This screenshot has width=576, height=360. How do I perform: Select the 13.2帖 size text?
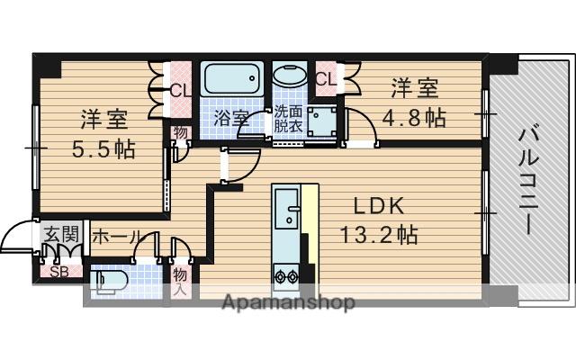click(378, 236)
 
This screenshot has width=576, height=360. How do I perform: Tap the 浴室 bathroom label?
click(229, 118)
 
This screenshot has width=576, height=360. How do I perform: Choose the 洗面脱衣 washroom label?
click(289, 119)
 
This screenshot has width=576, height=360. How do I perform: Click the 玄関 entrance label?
click(61, 236)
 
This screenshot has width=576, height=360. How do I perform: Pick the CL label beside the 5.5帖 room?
click(180, 89)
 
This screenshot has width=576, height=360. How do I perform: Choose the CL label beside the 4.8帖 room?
click(327, 79)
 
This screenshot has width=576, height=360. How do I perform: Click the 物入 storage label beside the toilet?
click(180, 281)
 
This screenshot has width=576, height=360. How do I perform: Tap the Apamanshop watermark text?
click(288, 302)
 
